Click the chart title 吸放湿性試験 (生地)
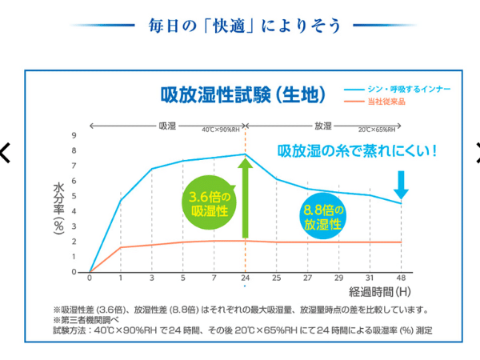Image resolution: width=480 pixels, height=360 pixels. tap(243, 94)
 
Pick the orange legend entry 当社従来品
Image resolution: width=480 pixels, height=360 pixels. tap(385, 101)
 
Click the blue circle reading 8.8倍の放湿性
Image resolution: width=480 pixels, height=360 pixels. tap(323, 218)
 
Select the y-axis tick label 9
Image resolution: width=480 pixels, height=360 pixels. tap(74, 135)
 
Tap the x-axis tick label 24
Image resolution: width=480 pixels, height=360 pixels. tap(245, 278)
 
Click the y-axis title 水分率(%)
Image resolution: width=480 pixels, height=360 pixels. tap(58, 206)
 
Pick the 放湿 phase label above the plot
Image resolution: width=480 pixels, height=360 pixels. tap(323, 126)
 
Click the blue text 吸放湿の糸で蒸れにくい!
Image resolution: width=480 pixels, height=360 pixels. tap(357, 150)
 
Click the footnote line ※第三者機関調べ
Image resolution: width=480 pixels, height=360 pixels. tap(85, 320)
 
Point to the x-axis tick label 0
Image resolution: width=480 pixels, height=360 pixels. tap(90, 278)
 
